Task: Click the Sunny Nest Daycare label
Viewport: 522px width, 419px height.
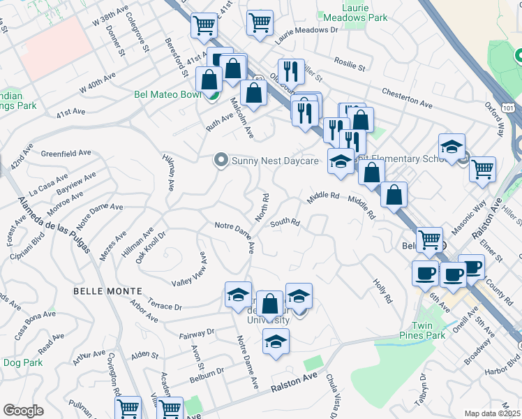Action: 275,161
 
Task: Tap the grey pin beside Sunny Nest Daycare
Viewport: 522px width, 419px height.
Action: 222,161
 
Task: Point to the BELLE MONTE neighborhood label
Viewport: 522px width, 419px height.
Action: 108,291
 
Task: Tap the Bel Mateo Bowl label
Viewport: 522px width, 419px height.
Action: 167,94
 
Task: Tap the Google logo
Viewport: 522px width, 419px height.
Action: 23,411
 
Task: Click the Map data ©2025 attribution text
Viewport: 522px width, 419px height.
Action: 491,413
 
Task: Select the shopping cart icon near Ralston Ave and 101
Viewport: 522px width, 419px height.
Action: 483,168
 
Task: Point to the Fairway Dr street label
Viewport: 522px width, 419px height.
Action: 196,334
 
